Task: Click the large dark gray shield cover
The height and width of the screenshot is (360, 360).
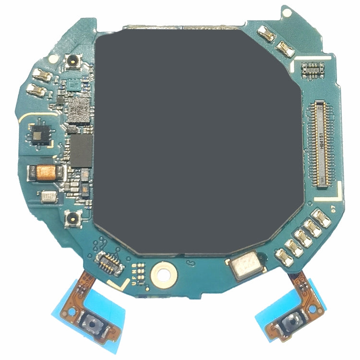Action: (x=197, y=139)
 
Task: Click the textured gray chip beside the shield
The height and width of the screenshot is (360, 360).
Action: (x=79, y=110)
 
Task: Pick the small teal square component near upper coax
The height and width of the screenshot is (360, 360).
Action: (x=74, y=85)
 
